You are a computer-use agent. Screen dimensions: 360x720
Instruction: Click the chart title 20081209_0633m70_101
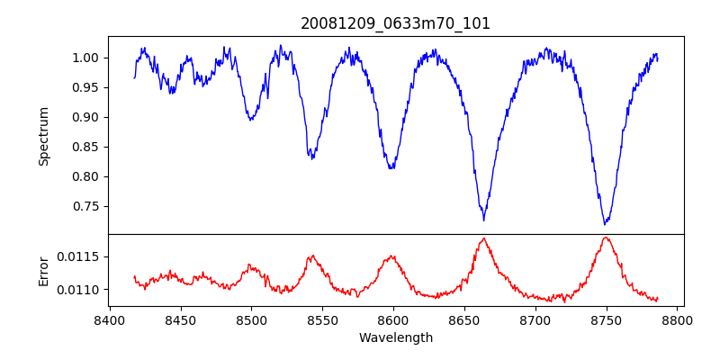[x=395, y=23]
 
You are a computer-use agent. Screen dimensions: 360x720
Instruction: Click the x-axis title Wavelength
[x=395, y=338]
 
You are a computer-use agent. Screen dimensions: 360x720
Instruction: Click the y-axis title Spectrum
[x=43, y=136]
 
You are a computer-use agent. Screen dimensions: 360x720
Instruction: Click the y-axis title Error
[x=43, y=270]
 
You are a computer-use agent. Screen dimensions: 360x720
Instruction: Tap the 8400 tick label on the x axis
[x=109, y=320]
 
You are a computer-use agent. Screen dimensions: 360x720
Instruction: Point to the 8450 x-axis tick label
[x=180, y=320]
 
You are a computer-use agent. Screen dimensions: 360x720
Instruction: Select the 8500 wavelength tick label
[x=251, y=320]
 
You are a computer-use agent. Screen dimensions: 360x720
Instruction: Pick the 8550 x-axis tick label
[x=322, y=320]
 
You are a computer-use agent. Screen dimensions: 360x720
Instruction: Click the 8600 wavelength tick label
[x=393, y=320]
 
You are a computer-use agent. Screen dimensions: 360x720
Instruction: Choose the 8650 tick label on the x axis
[x=464, y=320]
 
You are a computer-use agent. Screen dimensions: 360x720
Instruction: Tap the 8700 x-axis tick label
[x=535, y=320]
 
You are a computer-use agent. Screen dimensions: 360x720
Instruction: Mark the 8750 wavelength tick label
[x=607, y=320]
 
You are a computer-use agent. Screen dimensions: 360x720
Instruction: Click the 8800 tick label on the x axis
[x=678, y=320]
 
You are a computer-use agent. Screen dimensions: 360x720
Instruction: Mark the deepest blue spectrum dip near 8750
[x=606, y=223]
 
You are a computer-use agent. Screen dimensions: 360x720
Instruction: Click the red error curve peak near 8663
[x=484, y=238]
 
